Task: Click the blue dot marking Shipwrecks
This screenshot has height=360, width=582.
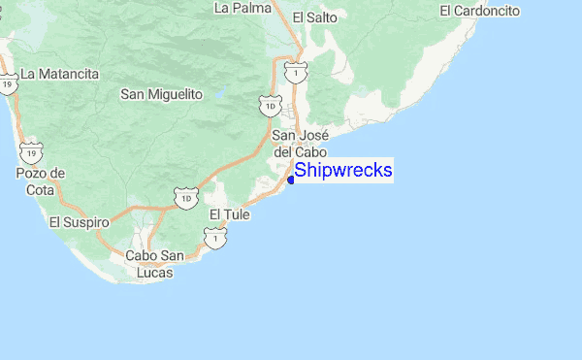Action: (291, 179)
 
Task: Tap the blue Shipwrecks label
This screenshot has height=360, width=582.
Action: (343, 171)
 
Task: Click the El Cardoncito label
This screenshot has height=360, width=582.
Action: (479, 11)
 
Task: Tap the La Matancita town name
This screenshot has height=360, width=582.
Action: (60, 73)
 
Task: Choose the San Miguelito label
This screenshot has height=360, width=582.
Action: (161, 94)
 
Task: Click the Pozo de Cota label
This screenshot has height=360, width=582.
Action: (40, 180)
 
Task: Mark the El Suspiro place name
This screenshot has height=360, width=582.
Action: (76, 222)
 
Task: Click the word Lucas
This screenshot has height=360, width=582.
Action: (154, 273)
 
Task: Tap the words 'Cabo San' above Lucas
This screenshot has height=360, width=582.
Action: (154, 256)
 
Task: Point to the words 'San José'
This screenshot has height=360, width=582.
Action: (299, 135)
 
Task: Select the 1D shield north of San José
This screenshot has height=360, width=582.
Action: (270, 103)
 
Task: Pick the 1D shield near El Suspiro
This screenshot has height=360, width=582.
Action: (185, 199)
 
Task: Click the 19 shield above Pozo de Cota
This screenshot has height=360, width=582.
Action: (32, 151)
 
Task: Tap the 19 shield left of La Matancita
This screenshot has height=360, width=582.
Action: (9, 84)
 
